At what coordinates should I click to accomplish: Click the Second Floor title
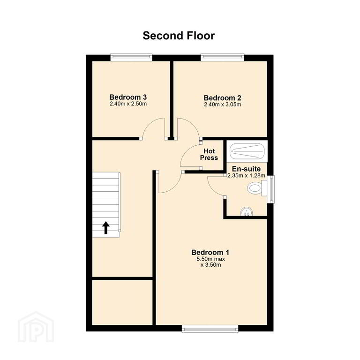(179, 36)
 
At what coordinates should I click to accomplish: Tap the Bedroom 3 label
(128, 97)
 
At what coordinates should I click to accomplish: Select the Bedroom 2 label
(223, 98)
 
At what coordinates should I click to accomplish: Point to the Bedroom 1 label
(210, 253)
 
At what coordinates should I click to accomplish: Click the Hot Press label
(209, 155)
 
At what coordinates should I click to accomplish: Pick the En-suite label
(246, 169)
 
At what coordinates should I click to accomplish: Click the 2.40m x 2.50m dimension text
(128, 104)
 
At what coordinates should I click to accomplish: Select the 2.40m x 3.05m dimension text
(223, 105)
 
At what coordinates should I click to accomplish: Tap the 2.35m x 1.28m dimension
(246, 176)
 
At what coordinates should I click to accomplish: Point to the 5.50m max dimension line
(210, 259)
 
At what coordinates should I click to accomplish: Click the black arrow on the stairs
(105, 228)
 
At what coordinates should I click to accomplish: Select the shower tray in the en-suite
(247, 151)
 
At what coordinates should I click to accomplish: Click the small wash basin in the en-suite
(247, 212)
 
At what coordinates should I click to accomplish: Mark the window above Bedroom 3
(131, 57)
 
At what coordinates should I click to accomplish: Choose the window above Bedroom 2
(223, 57)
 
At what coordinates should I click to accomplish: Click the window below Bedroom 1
(210, 329)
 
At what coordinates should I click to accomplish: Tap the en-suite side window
(271, 189)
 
